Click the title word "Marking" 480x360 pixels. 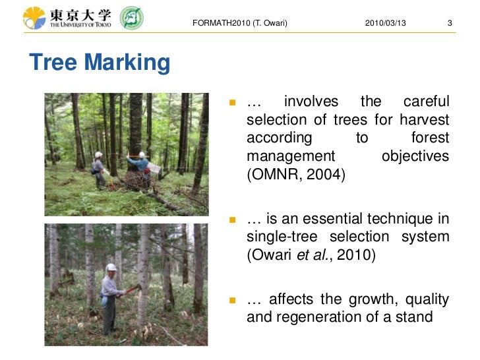[x=127, y=63]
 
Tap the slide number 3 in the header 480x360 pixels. [x=449, y=24]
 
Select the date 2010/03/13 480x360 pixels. [x=385, y=24]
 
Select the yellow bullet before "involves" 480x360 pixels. [x=232, y=103]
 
